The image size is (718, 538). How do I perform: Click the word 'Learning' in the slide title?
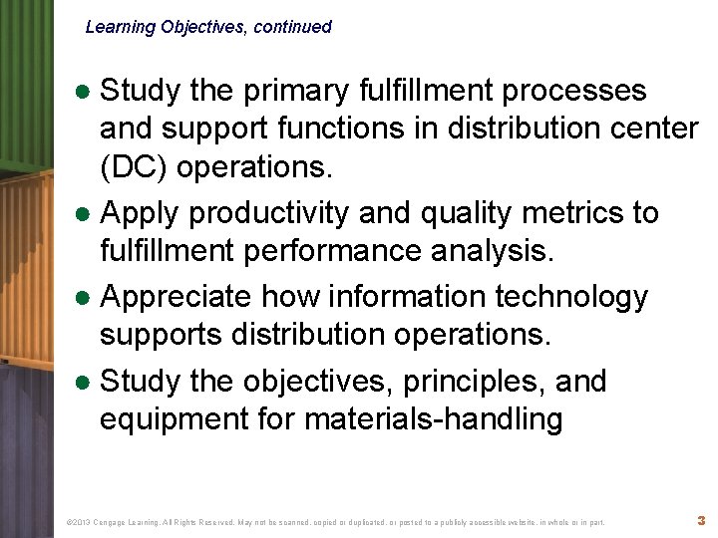click(120, 27)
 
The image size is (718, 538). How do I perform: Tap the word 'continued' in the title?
click(292, 27)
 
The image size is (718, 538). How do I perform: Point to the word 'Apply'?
click(143, 212)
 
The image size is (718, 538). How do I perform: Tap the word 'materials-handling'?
click(433, 419)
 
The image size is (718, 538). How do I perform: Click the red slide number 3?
click(701, 520)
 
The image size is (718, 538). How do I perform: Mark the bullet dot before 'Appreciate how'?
click(86, 298)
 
